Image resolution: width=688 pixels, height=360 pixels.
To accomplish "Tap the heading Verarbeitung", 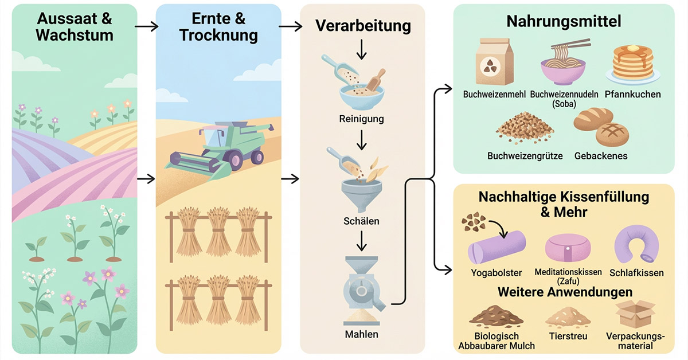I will coord(363,26).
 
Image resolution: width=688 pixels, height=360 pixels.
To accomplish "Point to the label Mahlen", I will coord(361,334).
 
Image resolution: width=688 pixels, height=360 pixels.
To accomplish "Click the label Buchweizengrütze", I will coord(525,156).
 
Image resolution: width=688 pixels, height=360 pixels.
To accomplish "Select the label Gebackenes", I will coord(601,156).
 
